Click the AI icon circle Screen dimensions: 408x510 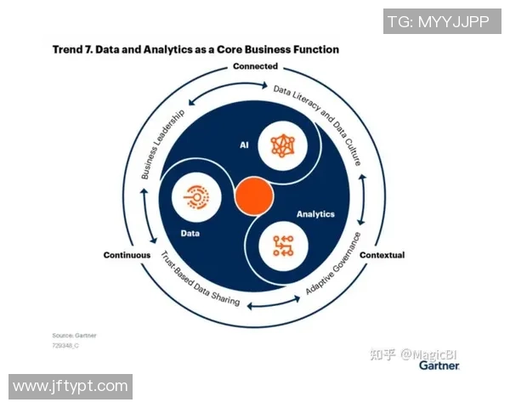(x=281, y=145)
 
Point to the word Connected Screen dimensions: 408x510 (x=255, y=66)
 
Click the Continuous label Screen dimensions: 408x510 (x=127, y=255)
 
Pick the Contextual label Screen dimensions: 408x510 (x=382, y=255)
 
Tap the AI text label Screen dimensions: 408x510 (x=244, y=145)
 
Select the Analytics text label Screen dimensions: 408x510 (x=315, y=214)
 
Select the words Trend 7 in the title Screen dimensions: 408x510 (x=71, y=50)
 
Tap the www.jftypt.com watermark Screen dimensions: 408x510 (x=71, y=387)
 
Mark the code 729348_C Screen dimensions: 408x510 (x=66, y=346)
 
